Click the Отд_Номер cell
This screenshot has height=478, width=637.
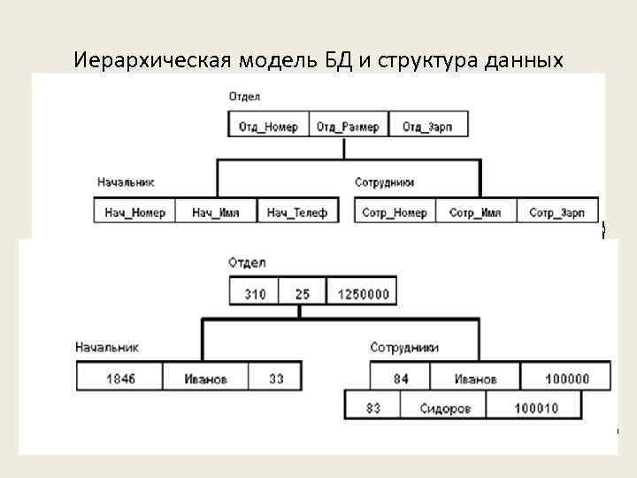click(268, 126)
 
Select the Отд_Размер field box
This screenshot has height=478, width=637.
click(348, 126)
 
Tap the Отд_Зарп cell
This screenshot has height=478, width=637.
click(427, 126)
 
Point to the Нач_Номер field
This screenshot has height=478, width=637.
click(134, 212)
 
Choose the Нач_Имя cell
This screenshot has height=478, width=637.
click(216, 212)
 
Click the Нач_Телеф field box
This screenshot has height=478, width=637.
click(297, 212)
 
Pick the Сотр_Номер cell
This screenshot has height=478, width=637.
click(395, 212)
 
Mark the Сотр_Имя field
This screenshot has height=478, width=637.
click(475, 212)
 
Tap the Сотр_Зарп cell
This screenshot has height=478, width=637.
click(556, 212)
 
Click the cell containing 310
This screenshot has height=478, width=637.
click(255, 294)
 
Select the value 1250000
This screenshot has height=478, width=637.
click(362, 294)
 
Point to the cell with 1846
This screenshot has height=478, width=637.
click(120, 378)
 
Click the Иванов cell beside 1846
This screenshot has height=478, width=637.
click(205, 378)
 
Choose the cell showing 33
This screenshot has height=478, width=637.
click(276, 378)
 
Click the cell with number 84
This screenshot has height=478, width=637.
click(401, 378)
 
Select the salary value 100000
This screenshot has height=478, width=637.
click(566, 378)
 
